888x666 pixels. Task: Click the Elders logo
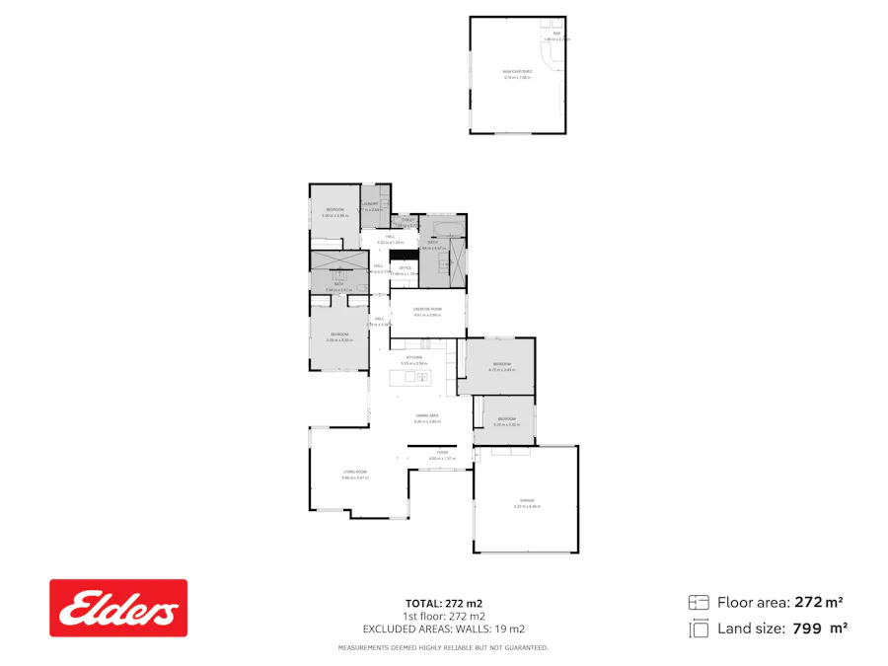tap(118, 608)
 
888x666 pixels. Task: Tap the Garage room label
tap(526, 501)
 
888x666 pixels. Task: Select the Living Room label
tap(355, 473)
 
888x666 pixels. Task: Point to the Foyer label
tap(443, 454)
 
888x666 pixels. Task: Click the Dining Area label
tap(427, 417)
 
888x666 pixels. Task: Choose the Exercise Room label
tap(427, 309)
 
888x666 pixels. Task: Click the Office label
tap(405, 267)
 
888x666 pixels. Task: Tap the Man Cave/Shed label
tap(517, 72)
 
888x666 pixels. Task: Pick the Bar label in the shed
tap(556, 35)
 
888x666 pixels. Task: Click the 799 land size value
tap(806, 628)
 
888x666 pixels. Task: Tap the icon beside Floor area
tap(699, 602)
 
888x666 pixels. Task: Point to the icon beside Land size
tap(699, 628)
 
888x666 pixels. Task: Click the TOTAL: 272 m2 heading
tap(443, 603)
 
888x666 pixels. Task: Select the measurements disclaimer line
tap(443, 648)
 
